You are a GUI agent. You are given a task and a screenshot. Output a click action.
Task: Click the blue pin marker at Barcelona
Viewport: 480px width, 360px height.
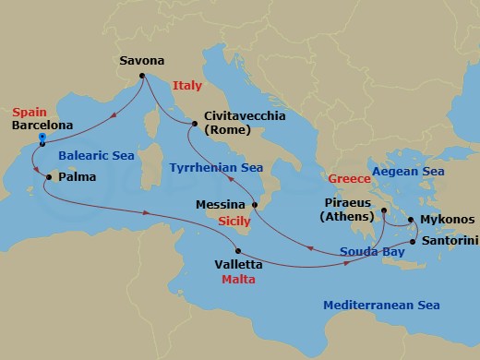(x=42, y=138)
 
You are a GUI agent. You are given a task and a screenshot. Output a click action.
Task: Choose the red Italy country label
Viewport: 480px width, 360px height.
(x=186, y=85)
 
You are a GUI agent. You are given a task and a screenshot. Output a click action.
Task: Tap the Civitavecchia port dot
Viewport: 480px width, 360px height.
(x=194, y=122)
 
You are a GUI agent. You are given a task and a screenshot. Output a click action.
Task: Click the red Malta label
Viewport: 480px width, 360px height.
(x=237, y=277)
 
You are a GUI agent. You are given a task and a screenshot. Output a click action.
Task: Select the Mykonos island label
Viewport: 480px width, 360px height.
(x=448, y=220)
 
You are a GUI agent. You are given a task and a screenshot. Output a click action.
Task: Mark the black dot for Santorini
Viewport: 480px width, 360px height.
(x=412, y=242)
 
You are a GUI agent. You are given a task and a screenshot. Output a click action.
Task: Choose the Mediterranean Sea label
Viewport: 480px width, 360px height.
(x=381, y=305)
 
